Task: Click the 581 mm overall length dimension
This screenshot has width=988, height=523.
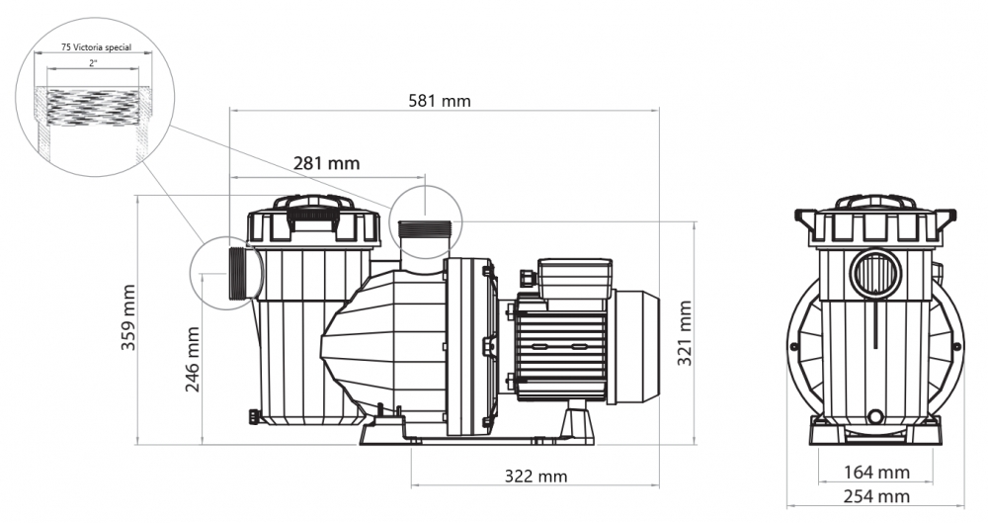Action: [x=440, y=100]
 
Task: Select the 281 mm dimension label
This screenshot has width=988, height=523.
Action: [x=326, y=163]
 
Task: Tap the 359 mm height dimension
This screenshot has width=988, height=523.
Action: [x=127, y=317]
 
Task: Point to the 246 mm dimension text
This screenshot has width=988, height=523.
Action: [x=193, y=359]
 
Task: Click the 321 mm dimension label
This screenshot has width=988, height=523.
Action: [x=685, y=332]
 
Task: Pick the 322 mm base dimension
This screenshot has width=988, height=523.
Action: [x=535, y=476]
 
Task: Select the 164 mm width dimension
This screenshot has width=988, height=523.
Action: [x=876, y=472]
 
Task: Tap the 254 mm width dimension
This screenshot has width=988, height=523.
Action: [x=876, y=496]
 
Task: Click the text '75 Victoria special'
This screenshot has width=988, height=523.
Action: [x=97, y=47]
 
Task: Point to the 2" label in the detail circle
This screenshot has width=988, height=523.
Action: [x=93, y=63]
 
